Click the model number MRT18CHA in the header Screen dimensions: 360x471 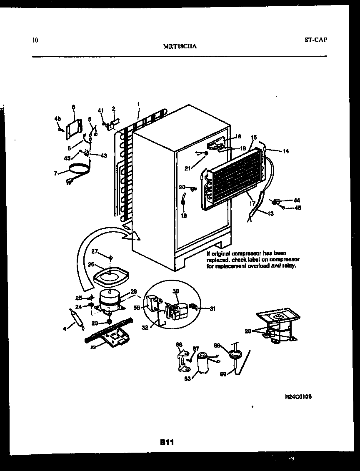180,47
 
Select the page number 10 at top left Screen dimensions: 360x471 35,40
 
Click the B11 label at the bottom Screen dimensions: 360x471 167,443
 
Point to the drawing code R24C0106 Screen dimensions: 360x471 298,397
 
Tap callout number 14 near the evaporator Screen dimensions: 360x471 285,151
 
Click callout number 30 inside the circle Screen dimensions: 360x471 175,292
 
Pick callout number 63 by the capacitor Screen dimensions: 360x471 187,378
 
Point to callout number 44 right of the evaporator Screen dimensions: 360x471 297,200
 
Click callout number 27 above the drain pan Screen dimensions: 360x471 94,251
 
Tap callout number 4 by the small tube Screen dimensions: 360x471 65,329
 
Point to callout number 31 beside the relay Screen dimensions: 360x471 213,308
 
